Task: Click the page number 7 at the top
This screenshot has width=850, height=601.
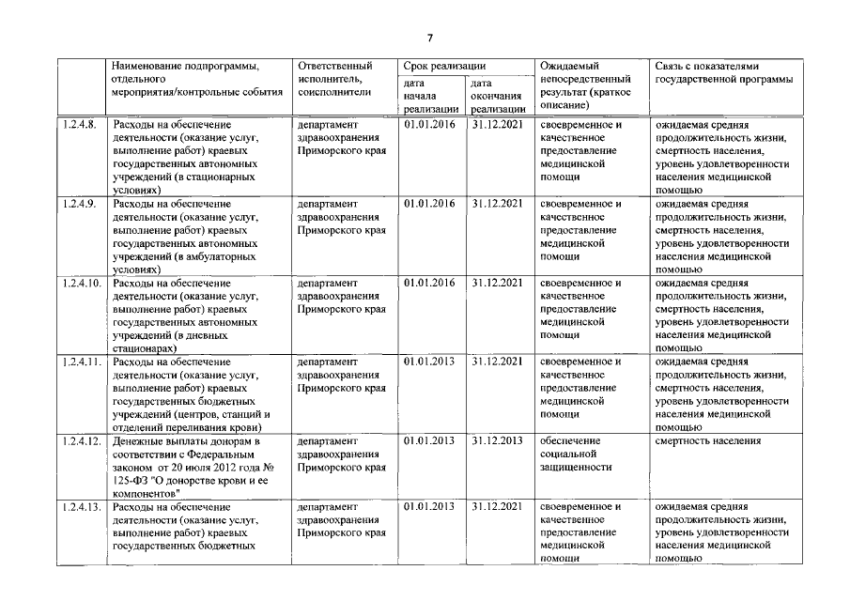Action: [x=429, y=39]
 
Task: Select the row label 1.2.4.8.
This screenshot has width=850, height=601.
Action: [x=78, y=124]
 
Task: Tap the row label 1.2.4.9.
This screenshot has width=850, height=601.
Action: [x=78, y=204]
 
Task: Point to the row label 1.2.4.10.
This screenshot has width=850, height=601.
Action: [x=81, y=283]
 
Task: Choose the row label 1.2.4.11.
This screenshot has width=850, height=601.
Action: [x=81, y=362]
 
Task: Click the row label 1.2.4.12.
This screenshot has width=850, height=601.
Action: [x=81, y=440]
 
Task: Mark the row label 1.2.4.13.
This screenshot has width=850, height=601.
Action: [x=81, y=507]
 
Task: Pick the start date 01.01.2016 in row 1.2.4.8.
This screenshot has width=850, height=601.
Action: [x=428, y=124]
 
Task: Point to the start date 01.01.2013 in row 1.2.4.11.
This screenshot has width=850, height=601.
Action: [x=428, y=362]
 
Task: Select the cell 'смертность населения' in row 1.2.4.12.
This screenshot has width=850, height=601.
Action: [x=707, y=440]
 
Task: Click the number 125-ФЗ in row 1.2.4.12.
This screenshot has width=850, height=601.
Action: [x=133, y=480]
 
